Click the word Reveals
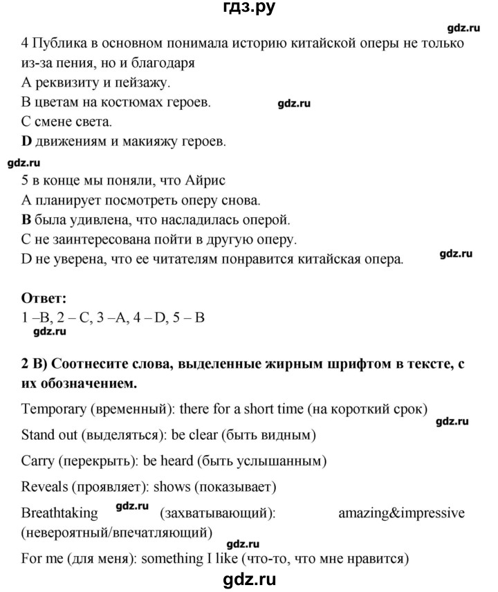click(44, 487)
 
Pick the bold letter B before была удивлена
click(27, 221)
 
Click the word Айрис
click(206, 181)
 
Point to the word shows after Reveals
click(168, 487)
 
